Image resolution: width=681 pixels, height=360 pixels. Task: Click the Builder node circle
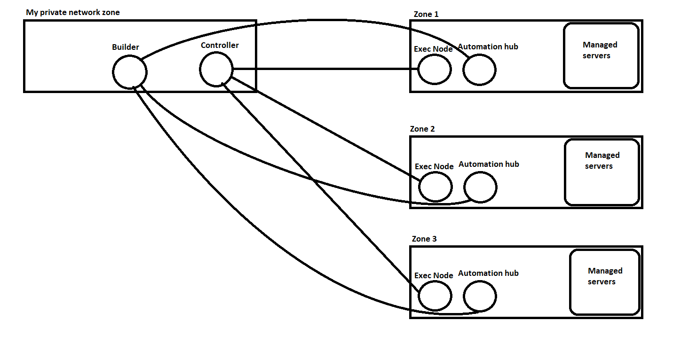130,72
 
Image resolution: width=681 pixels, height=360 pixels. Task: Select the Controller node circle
216,69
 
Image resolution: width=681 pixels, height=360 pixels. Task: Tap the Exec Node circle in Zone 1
435,70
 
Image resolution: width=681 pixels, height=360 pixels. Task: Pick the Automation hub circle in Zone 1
479,70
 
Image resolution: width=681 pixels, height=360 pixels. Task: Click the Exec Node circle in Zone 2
436,187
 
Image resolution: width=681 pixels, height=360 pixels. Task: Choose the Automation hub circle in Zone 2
480,187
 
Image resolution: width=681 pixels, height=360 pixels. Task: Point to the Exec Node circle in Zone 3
436,296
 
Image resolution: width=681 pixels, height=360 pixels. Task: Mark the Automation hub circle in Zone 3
480,296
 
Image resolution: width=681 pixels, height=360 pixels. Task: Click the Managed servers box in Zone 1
601,56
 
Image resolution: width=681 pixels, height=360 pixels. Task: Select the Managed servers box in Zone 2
602,172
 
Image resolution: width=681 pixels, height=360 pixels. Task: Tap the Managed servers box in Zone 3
605,282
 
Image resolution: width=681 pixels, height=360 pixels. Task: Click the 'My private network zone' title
73,12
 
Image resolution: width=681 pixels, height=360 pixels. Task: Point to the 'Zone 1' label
426,14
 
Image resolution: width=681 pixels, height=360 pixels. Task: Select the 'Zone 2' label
422,129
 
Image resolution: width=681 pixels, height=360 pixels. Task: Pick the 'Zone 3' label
424,239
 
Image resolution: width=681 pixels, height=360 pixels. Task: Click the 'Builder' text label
126,47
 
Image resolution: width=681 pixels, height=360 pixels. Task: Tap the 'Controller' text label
220,45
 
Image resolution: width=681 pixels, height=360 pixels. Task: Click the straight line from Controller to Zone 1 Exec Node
325,70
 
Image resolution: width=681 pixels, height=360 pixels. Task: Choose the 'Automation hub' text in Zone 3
488,273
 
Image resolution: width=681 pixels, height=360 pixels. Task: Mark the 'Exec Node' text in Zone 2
434,166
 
